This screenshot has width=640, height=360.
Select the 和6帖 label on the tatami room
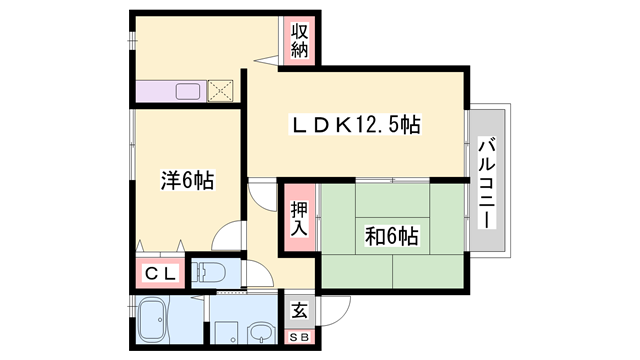[x=391, y=237]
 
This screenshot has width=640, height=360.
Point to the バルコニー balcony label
[x=487, y=182]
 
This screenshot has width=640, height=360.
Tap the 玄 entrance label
[x=299, y=310]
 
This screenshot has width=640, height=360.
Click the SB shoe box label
[x=299, y=338]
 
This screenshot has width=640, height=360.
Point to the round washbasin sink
[x=261, y=333]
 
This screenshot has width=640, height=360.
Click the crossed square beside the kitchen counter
[x=220, y=91]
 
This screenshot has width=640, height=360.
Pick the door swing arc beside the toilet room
[x=255, y=272]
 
